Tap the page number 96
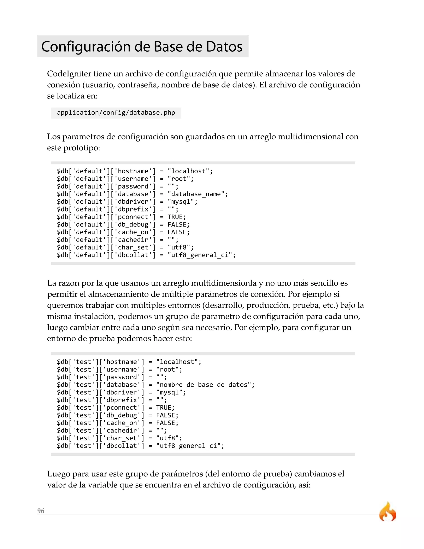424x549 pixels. pyautogui.click(x=41, y=511)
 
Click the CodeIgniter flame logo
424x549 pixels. pyautogui.click(x=388, y=512)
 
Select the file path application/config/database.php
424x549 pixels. pyautogui.click(x=116, y=113)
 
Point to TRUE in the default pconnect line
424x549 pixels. pyautogui.click(x=175, y=217)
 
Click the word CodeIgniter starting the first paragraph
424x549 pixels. pyautogui.click(x=69, y=74)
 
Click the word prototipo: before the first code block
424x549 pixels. pyautogui.click(x=82, y=148)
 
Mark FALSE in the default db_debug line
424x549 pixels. pyautogui.click(x=177, y=225)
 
